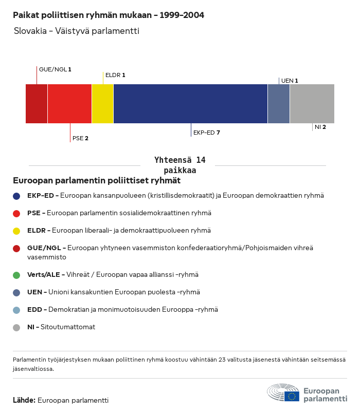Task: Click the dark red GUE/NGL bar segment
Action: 37,104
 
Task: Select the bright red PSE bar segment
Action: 69,104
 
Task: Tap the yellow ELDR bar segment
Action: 102,104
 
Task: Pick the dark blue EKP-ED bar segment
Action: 190,104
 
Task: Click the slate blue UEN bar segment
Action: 279,104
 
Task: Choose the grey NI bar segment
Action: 312,104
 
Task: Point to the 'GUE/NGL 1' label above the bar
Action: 55,69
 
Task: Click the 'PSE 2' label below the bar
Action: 80,138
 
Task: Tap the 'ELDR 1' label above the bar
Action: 115,75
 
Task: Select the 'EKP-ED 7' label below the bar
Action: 207,133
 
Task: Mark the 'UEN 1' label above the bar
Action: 290,81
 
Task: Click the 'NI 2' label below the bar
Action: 320,127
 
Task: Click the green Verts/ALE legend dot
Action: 16,275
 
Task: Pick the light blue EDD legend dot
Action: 16,310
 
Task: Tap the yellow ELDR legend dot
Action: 16,231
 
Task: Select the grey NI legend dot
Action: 16,327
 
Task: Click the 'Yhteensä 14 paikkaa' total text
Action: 179,165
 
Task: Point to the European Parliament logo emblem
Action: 283,393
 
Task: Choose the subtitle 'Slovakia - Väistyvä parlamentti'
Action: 77,31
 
